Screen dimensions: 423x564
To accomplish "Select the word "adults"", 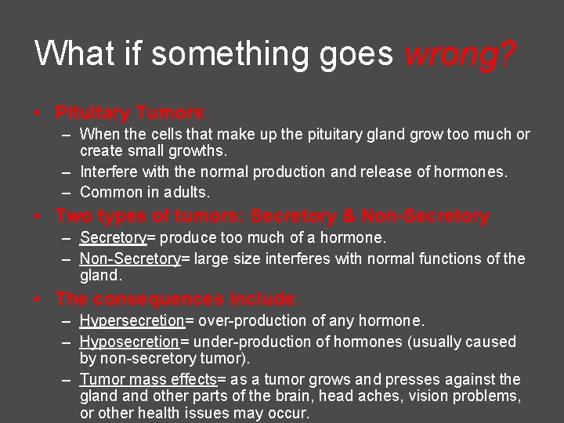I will click(x=190, y=192).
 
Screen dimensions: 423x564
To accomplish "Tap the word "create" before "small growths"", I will click(x=100, y=150).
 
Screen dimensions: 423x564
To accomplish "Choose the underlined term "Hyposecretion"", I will click(x=129, y=342).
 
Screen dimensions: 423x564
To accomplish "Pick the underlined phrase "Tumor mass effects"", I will click(x=148, y=379).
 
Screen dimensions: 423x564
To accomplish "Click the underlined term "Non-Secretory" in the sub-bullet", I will click(x=130, y=258).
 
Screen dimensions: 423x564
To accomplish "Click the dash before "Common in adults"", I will click(x=67, y=192).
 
